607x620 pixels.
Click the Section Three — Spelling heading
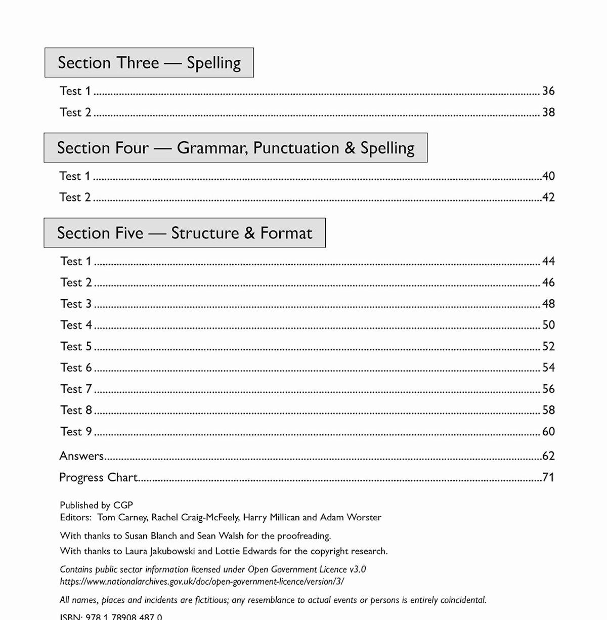(x=149, y=63)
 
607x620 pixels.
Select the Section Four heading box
(x=236, y=148)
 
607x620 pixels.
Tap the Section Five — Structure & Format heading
(x=185, y=233)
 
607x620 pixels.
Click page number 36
(x=548, y=91)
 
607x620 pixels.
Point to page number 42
(x=548, y=197)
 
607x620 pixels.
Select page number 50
(x=548, y=325)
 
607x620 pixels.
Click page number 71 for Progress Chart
(x=548, y=477)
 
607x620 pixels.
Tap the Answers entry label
(x=81, y=456)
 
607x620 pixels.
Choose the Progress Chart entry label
(x=98, y=477)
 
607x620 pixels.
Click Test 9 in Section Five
(x=76, y=432)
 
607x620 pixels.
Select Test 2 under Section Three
(x=75, y=112)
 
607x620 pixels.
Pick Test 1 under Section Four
(x=75, y=176)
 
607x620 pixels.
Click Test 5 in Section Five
(x=76, y=347)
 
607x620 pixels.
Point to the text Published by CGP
(x=96, y=505)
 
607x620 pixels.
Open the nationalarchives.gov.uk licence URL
(x=202, y=582)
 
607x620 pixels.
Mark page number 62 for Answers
(x=548, y=456)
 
